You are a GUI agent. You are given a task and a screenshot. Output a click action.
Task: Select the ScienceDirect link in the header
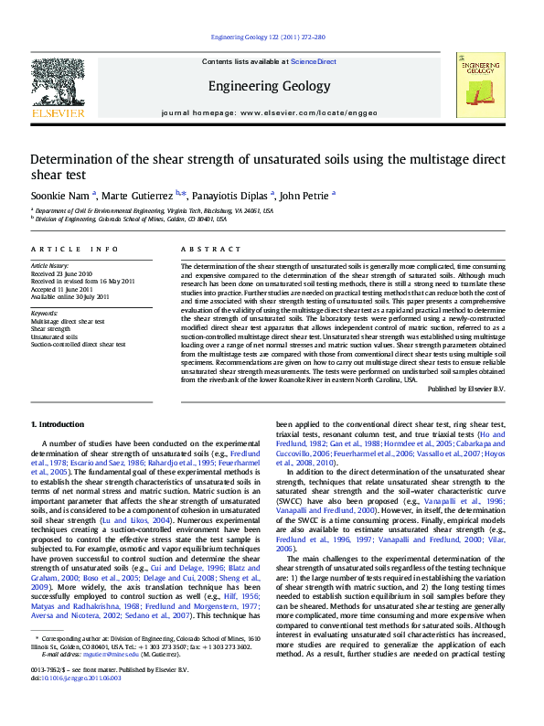[314, 62]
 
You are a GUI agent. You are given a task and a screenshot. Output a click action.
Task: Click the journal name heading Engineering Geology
[269, 87]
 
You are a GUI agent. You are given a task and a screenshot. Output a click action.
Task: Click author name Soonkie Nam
[59, 195]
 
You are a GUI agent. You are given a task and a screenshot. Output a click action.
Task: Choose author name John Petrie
[304, 195]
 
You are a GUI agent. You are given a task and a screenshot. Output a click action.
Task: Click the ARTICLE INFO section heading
[75, 250]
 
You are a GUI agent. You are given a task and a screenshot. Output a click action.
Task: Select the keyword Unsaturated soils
[55, 336]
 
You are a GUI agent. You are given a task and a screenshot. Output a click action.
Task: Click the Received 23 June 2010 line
[62, 273]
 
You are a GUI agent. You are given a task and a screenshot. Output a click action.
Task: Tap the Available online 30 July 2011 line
[69, 296]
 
